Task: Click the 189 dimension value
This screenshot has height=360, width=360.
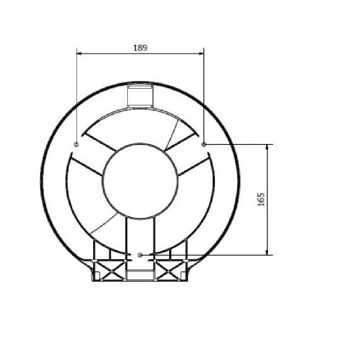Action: point(140,48)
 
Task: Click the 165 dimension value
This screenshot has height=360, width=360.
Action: point(261,200)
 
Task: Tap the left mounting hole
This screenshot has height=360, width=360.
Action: point(76,144)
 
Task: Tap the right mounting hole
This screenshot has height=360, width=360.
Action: point(204,144)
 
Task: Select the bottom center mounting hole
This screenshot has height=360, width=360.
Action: point(140,255)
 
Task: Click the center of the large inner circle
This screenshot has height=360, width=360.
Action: point(140,181)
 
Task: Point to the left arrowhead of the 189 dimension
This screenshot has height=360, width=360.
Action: point(79,54)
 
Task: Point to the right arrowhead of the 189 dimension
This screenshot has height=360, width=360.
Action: point(201,54)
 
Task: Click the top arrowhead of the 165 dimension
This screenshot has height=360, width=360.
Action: point(267,147)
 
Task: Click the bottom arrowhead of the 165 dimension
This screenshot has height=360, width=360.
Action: point(267,252)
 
